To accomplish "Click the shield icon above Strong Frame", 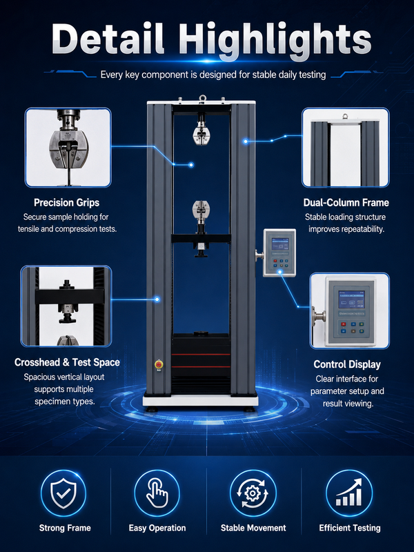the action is point(63,493).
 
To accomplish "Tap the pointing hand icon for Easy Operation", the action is point(157,493).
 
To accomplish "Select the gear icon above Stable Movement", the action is point(253,493).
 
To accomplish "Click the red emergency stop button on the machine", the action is point(159,364).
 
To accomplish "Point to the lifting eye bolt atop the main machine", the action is point(202,98).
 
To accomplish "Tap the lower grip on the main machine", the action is point(201,211).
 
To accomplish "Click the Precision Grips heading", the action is point(66,202).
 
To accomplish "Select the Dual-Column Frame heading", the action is point(346,202).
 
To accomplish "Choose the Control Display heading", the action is point(347,364).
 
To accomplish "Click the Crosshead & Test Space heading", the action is point(67,362).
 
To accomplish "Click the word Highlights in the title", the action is point(275,39).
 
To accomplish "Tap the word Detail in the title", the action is point(108,39).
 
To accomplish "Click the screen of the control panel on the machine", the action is point(280,244).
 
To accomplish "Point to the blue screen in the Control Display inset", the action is point(351,299).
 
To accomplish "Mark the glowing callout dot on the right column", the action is point(246,141).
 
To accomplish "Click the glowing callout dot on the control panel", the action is point(280,272).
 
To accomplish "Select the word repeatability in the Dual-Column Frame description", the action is point(364,229).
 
